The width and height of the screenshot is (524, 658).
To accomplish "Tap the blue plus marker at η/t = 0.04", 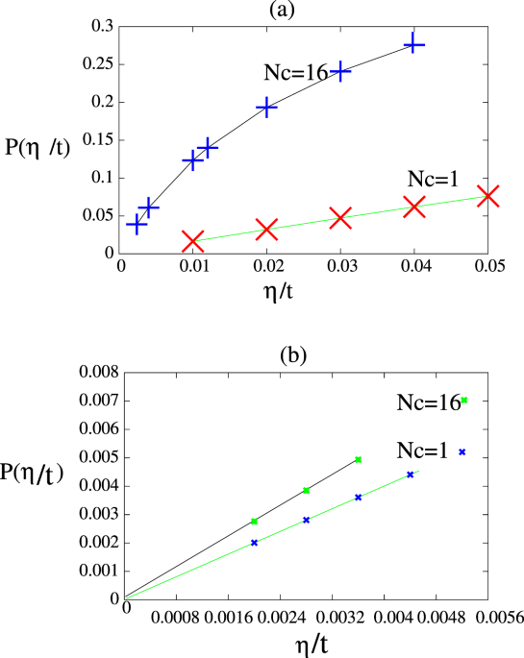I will click(x=414, y=44).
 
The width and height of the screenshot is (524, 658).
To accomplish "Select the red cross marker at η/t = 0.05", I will click(x=488, y=196).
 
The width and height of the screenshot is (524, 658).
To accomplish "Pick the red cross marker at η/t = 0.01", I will click(x=192, y=240).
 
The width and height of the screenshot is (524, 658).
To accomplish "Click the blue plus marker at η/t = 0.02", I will click(x=266, y=108).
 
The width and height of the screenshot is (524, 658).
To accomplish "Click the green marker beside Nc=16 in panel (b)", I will click(x=463, y=401).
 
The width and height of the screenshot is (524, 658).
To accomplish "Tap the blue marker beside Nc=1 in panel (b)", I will click(x=462, y=451).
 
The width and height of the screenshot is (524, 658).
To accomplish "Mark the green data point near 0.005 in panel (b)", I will click(x=359, y=460).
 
